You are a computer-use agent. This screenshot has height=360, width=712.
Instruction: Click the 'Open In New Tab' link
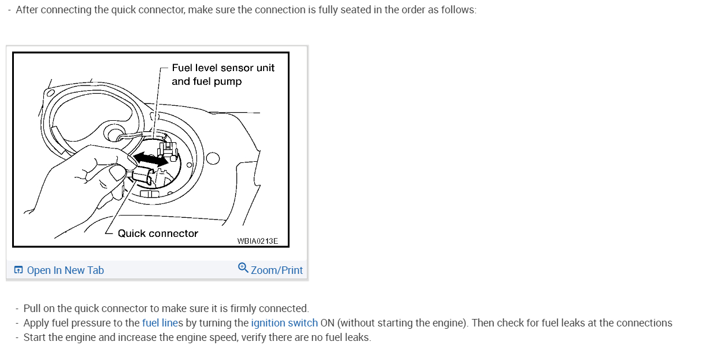(x=65, y=270)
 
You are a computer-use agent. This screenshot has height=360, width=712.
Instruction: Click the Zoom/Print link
(x=277, y=270)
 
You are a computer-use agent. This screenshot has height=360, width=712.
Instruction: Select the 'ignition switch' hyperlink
(x=284, y=323)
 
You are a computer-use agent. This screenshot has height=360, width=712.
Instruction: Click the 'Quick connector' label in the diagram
(x=158, y=233)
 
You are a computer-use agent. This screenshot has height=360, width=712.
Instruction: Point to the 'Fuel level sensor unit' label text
(x=223, y=68)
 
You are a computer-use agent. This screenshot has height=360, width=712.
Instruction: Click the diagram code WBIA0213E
(x=257, y=240)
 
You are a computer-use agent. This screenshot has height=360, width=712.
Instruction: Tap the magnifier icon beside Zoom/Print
(x=243, y=268)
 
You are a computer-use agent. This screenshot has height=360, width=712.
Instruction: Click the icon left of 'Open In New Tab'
(x=19, y=270)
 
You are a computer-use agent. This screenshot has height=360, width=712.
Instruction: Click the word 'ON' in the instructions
(x=328, y=323)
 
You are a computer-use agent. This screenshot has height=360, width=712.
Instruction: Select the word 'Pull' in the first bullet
(x=32, y=309)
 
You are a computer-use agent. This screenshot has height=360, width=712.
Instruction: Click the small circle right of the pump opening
(x=212, y=158)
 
